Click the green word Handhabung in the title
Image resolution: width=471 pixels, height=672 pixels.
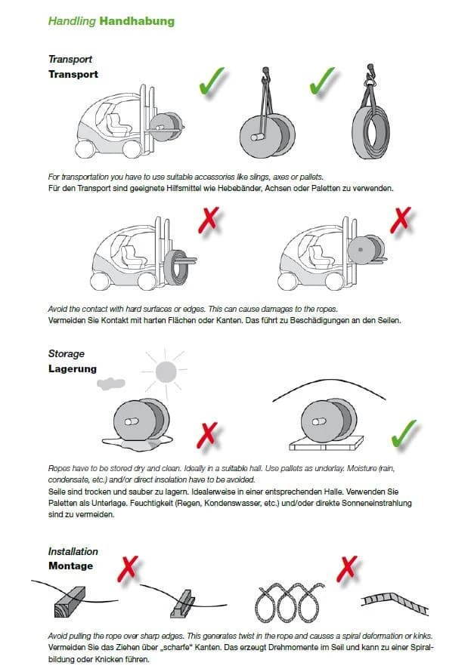click(137, 21)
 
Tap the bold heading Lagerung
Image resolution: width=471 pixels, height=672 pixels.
click(73, 369)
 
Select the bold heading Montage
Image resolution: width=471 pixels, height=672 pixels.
click(71, 566)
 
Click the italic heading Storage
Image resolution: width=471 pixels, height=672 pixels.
click(67, 353)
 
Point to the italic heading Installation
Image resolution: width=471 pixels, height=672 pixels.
click(73, 551)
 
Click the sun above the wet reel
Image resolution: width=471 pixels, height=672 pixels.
click(166, 371)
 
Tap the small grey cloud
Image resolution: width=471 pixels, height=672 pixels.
click(111, 383)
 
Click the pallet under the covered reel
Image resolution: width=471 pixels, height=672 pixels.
click(326, 443)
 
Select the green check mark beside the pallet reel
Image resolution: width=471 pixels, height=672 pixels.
click(403, 434)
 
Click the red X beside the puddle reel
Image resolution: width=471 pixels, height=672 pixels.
click(207, 435)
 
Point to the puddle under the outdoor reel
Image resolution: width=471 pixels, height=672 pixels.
click(138, 443)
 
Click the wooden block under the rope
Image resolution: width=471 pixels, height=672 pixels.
click(70, 602)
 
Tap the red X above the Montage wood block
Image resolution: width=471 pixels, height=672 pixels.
click(128, 569)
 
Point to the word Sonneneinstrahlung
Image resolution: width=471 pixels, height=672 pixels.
click(376, 503)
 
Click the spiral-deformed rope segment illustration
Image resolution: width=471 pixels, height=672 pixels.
click(395, 602)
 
